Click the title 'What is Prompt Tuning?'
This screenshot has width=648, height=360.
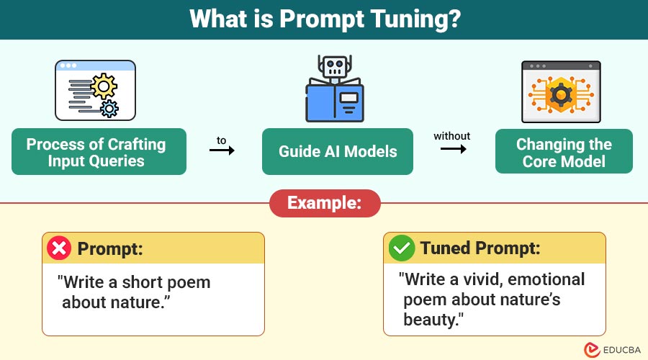click(x=325, y=19)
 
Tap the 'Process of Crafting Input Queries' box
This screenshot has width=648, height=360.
click(x=99, y=152)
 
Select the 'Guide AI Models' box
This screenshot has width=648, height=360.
click(x=337, y=152)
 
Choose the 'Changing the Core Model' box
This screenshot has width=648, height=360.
click(x=564, y=152)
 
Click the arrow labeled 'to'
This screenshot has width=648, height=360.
click(x=222, y=150)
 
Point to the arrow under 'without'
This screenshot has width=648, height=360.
click(x=454, y=148)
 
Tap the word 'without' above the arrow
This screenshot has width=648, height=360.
click(x=451, y=136)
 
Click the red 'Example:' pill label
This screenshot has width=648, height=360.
click(x=325, y=203)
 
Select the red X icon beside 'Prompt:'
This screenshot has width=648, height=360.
click(x=59, y=248)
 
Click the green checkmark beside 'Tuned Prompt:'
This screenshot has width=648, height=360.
click(x=401, y=248)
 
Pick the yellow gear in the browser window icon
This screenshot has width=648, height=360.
click(x=104, y=86)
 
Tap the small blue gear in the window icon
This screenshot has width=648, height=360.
click(x=109, y=109)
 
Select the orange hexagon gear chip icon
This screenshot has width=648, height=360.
click(x=561, y=95)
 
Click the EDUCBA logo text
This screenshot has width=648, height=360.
click(x=621, y=350)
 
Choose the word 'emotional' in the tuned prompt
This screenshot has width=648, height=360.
click(x=546, y=280)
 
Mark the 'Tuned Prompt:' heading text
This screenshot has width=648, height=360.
click(x=480, y=248)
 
